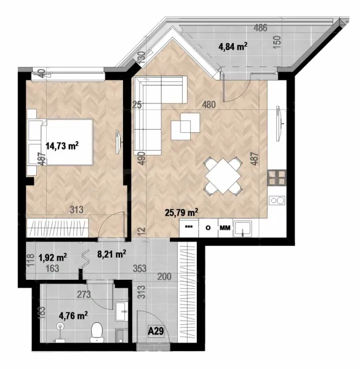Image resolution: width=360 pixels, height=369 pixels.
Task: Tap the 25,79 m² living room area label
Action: tap(181, 213)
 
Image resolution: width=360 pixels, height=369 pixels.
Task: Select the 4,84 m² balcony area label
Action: tap(233, 46)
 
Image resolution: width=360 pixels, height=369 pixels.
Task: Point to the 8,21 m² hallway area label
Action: tap(112, 253)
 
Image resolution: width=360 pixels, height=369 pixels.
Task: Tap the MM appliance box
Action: tap(225, 228)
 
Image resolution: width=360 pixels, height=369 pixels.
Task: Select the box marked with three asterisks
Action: tap(190, 228)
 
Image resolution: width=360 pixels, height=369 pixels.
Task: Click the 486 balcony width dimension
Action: tap(260, 28)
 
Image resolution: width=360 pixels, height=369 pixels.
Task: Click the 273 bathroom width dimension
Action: tap(84, 295)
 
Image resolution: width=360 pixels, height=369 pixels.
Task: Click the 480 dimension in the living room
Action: tap(209, 105)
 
